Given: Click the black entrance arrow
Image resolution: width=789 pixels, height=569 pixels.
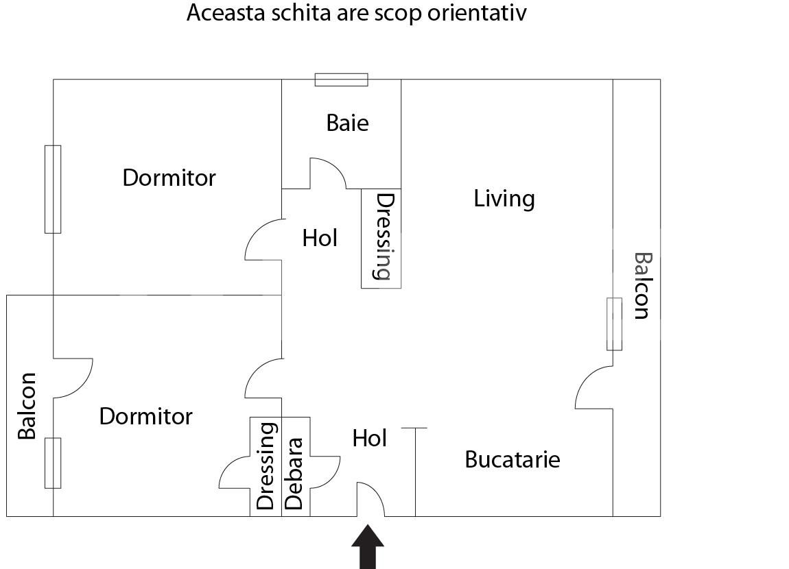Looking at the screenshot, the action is tap(368, 547).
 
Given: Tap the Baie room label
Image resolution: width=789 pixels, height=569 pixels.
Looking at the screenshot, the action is tap(347, 123).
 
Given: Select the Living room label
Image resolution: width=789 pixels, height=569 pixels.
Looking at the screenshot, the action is tap(504, 199).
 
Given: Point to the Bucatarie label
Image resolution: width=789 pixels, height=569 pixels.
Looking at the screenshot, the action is tap(513, 459).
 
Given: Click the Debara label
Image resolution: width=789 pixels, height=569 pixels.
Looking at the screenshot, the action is tap(295, 474).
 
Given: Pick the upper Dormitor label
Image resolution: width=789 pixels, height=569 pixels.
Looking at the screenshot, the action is tap(169, 178).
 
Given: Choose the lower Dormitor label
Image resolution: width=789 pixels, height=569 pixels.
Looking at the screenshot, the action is tap(146, 417).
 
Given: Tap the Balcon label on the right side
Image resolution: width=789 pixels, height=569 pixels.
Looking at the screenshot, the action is tap(643, 286).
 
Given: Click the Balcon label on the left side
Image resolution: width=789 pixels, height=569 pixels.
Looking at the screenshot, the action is tap(27, 406).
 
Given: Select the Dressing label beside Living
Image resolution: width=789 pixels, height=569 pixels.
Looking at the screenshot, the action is tap(386, 237).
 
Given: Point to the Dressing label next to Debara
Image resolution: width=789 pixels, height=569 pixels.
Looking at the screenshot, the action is tap(266, 466).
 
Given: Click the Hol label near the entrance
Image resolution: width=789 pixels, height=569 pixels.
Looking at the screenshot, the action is tap(369, 438).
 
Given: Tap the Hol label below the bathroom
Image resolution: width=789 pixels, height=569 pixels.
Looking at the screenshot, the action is tap(320, 239).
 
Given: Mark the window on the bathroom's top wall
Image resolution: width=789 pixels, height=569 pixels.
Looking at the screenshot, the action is tap(342, 80).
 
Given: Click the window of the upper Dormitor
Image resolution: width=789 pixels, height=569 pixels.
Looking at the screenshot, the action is tap(53, 189).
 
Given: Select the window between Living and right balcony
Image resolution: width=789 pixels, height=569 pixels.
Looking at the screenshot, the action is tap(615, 324).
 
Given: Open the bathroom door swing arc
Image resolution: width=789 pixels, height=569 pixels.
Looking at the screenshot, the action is tap(328, 173).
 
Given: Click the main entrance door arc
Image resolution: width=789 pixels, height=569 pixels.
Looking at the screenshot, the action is tap(371, 499).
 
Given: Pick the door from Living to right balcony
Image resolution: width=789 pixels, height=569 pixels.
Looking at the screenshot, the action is tap(593, 387).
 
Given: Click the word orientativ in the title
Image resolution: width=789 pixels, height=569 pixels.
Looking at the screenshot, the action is tap(477, 13).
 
